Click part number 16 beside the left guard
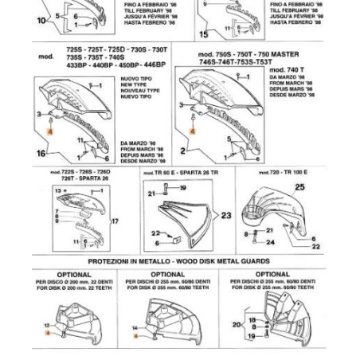[x=41, y=152]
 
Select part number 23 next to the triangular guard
[x=204, y=215]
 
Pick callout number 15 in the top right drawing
[x=204, y=34]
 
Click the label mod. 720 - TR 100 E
[x=285, y=170]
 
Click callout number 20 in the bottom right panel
[x=236, y=324]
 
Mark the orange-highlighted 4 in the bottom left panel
[x=48, y=335]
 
